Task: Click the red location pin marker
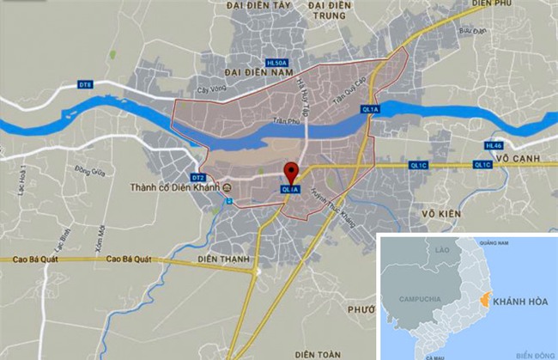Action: (291, 172)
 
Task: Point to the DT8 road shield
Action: (85, 84)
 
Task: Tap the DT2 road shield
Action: (199, 177)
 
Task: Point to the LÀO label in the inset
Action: (443, 249)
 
